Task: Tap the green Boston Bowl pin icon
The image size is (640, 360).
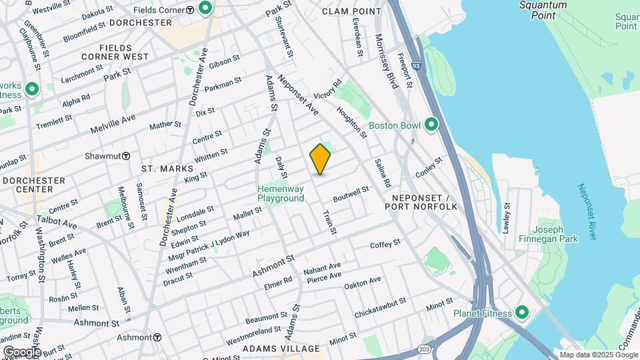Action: (431, 125)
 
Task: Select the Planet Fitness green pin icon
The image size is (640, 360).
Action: (521, 313)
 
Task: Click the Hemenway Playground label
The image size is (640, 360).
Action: (281, 194)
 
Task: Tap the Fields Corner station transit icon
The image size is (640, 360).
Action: (190, 9)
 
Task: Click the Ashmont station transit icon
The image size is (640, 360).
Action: (157, 337)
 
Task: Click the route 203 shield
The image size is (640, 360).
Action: (425, 349)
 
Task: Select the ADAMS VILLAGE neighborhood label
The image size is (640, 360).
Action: (281, 349)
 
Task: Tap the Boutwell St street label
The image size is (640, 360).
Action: (351, 194)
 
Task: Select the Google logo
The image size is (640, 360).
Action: (21, 351)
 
